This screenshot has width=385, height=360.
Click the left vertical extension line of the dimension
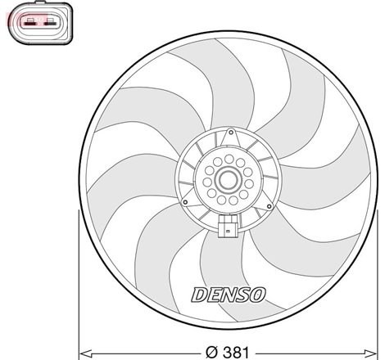[x=78, y=278]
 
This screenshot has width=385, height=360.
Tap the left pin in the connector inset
[x=32, y=23]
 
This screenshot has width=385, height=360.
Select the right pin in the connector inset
[x=48, y=23]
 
